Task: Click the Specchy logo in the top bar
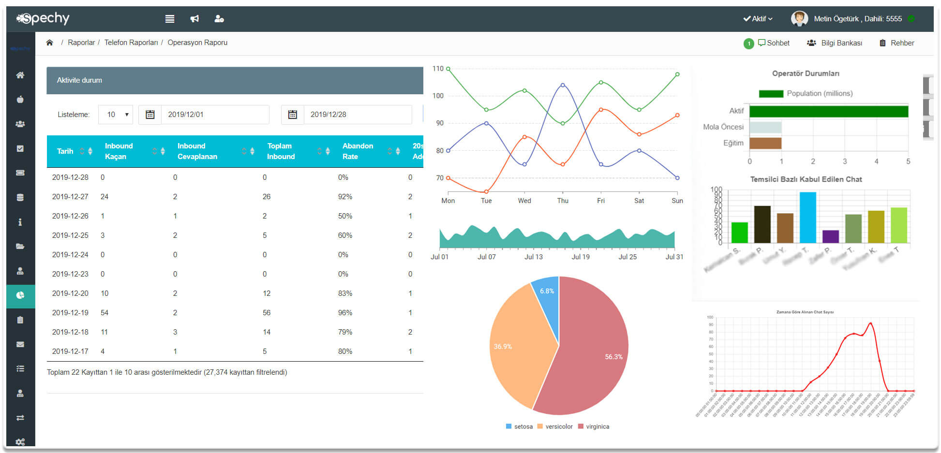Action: (44, 18)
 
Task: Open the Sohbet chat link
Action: (774, 43)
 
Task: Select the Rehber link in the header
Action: (902, 43)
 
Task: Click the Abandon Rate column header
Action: (358, 151)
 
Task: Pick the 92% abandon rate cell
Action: (345, 197)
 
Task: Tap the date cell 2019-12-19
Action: (70, 313)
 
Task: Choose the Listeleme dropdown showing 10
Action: (116, 115)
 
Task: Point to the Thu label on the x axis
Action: (563, 201)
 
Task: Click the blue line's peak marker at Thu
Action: (563, 85)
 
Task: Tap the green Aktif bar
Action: (828, 111)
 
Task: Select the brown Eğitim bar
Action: (765, 143)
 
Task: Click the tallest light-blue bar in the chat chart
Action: (807, 218)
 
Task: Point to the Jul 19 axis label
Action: (581, 257)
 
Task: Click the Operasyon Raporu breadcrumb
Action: (197, 43)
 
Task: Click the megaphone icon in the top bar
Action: (194, 19)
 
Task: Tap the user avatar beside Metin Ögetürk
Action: (799, 19)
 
